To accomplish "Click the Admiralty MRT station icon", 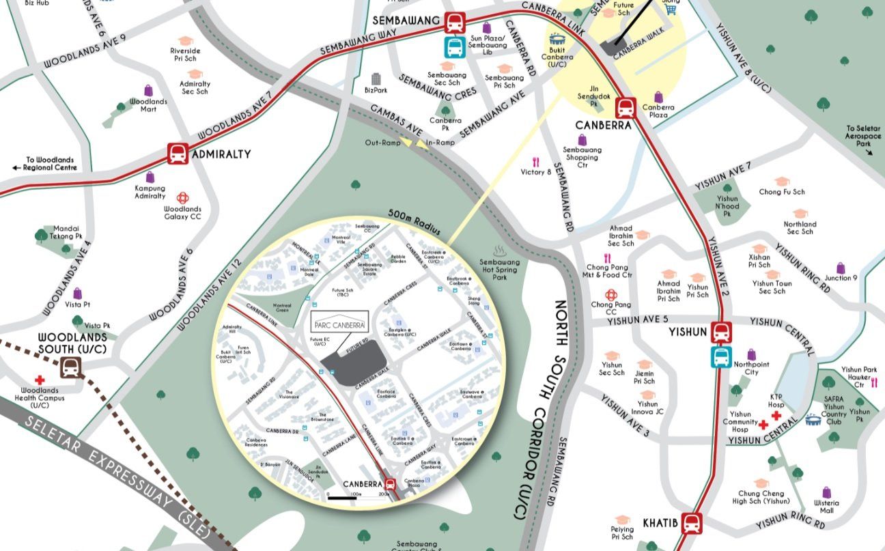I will (x=178, y=154).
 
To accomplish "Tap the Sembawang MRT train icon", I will (x=454, y=23).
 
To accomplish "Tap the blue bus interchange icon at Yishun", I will (x=720, y=356).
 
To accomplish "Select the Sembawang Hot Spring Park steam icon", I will (x=500, y=251).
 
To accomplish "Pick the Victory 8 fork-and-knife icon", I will (x=536, y=163).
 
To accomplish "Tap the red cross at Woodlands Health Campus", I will (x=40, y=380).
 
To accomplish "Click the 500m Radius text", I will (x=412, y=221).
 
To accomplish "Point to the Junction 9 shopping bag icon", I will (x=841, y=268).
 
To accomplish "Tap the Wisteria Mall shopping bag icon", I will (x=827, y=492).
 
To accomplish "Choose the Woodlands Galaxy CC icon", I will (x=182, y=198).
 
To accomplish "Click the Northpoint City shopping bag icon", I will (x=751, y=354).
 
